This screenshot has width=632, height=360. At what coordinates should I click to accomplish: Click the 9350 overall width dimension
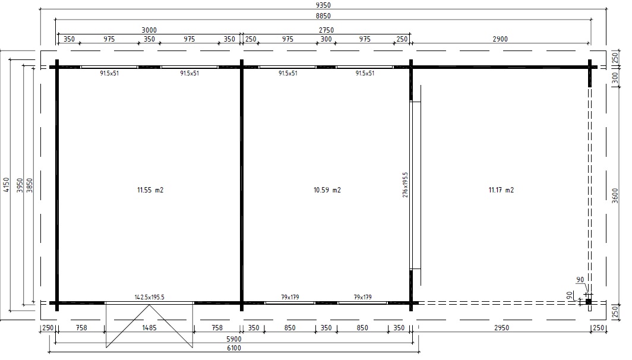[323, 5]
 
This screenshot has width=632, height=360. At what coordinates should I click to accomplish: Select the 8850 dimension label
[323, 16]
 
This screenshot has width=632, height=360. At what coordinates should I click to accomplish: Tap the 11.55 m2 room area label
[150, 190]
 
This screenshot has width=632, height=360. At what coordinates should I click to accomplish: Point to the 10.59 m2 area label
[327, 190]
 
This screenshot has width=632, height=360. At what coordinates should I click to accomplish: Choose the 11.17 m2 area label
[501, 190]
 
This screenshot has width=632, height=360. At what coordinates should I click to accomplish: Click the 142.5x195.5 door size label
[150, 297]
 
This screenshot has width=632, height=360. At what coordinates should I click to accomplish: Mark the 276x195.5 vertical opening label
[405, 185]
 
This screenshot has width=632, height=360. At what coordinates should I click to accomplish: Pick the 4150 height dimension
[6, 185]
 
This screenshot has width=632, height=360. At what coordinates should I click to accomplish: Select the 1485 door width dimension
[149, 328]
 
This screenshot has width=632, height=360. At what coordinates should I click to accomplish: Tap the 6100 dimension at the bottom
[234, 348]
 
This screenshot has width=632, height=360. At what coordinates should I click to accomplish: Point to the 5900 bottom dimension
[234, 339]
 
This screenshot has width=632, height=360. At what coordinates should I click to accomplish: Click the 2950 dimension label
[501, 328]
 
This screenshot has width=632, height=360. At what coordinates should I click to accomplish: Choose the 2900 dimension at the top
[500, 39]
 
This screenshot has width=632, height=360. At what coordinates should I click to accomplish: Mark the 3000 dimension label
[149, 30]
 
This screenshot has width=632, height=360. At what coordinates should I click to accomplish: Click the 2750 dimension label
[326, 30]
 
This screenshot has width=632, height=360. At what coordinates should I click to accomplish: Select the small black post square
[589, 302]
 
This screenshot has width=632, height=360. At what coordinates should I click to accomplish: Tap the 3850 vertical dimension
[30, 185]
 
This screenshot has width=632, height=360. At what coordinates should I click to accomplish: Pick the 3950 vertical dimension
[20, 185]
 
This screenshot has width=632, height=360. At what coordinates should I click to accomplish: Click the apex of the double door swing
[149, 305]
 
